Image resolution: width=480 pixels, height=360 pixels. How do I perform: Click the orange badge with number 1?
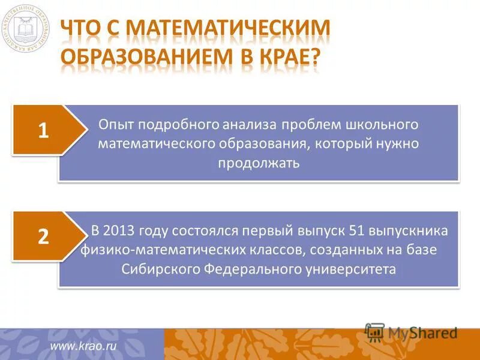pos(44,130)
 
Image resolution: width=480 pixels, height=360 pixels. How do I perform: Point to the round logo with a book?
pos(25,27)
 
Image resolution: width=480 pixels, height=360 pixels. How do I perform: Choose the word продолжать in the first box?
pos(259,163)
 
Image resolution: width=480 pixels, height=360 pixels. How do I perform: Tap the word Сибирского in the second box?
pos(155,269)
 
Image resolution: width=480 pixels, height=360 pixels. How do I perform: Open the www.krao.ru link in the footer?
pos(83,345)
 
